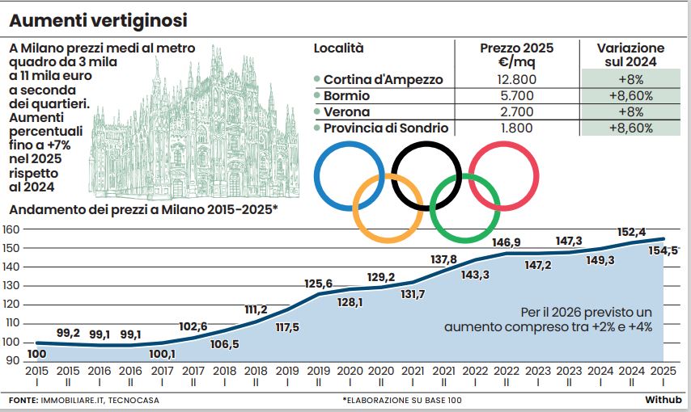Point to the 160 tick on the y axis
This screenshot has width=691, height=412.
tap(11, 229)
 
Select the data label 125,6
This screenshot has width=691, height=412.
tap(319, 284)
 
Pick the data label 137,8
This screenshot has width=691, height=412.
tap(443, 259)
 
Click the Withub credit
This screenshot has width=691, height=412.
tap(663, 400)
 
